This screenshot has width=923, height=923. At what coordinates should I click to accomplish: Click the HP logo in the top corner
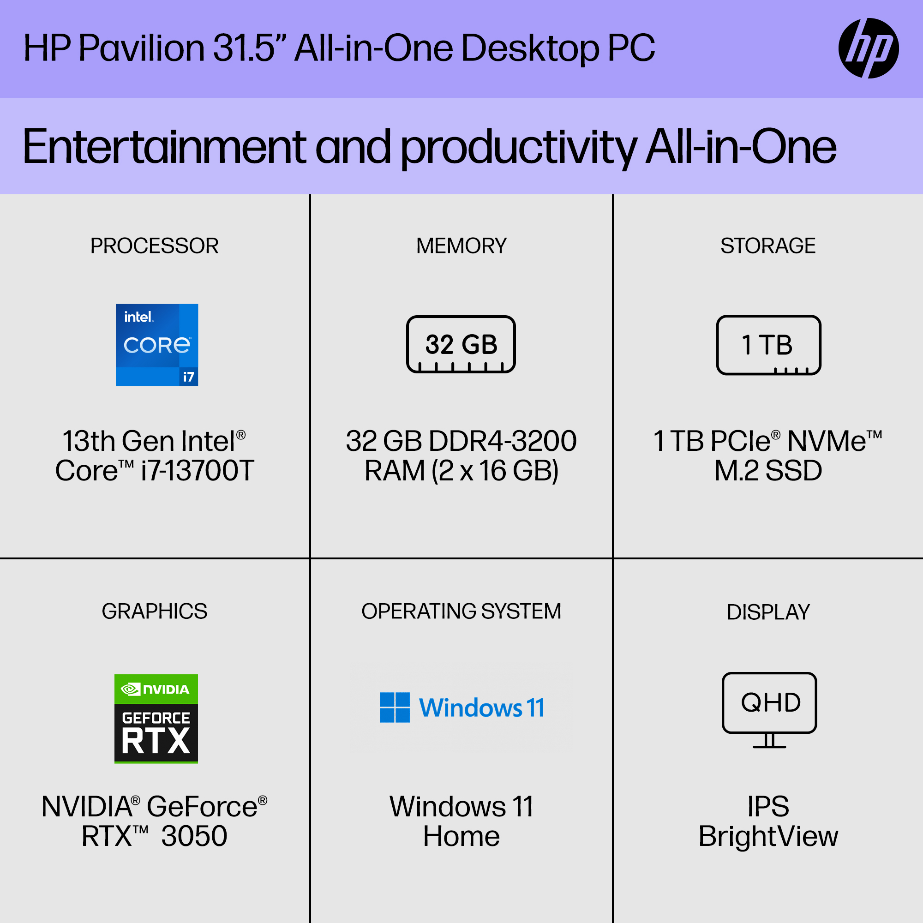[868, 48]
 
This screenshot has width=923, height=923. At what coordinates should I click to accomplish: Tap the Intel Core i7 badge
[157, 345]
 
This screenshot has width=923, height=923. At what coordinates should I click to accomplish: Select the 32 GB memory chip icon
[461, 344]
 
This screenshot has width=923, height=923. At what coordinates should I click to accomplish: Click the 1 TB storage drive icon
[769, 345]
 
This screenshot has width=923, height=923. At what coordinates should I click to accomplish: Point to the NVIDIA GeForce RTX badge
[156, 719]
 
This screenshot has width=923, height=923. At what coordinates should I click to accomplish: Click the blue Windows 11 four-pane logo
[395, 707]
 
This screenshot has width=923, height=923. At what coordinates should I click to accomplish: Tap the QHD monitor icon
[769, 710]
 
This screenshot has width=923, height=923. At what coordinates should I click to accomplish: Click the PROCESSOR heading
[154, 246]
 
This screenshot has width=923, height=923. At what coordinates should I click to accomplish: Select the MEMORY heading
[461, 246]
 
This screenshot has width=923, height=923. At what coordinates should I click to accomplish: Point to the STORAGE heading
[768, 246]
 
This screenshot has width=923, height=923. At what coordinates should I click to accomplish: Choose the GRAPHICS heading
[154, 611]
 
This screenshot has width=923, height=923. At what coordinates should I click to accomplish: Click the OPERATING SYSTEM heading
[461, 611]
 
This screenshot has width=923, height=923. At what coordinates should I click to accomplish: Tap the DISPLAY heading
[768, 612]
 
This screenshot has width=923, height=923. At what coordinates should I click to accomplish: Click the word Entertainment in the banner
[164, 147]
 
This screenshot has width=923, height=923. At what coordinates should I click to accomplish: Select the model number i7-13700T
[198, 471]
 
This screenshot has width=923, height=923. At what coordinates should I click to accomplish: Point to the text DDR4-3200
[503, 440]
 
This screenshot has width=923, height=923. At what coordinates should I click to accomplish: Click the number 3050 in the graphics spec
[194, 836]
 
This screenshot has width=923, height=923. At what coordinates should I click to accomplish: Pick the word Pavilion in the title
[142, 48]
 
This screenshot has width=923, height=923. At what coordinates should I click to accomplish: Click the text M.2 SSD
[768, 471]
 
